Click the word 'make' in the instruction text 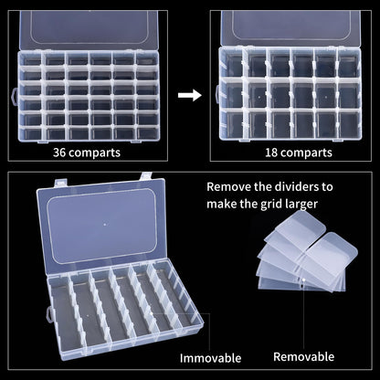click(226, 204)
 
